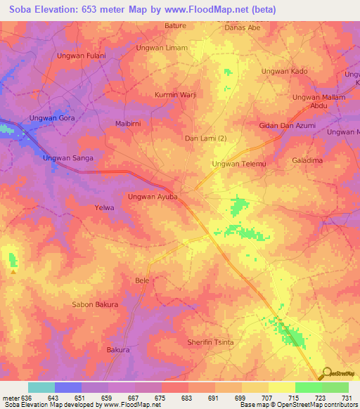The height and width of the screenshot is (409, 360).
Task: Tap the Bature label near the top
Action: pyautogui.click(x=176, y=25)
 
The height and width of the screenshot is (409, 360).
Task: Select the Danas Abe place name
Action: pyautogui.click(x=242, y=27)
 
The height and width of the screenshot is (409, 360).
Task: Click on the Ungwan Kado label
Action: pyautogui.click(x=285, y=72)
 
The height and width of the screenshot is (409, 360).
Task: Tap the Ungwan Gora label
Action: pyautogui.click(x=52, y=118)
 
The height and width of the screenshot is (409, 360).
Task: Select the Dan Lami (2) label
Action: pyautogui.click(x=205, y=138)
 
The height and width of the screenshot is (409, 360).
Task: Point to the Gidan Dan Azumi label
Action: pyautogui.click(x=287, y=125)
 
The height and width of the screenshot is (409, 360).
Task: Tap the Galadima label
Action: pyautogui.click(x=307, y=160)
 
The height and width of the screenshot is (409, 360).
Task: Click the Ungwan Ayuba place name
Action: pyautogui.click(x=153, y=197)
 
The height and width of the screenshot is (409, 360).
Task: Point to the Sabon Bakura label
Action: pyautogui.click(x=96, y=305)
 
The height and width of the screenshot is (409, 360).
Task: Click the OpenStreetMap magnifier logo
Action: pyautogui.click(x=327, y=374)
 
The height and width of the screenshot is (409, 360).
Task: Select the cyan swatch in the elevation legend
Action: pyautogui.click(x=41, y=387)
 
